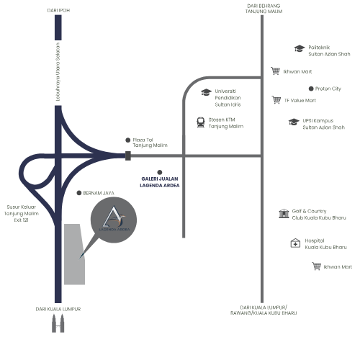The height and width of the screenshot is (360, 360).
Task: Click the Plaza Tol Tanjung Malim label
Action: [x=150, y=143]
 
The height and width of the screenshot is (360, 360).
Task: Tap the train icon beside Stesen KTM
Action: [x=201, y=122]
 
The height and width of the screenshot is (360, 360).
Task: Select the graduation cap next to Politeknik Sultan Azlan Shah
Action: [x=300, y=48]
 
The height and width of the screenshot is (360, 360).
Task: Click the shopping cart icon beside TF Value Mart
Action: [x=276, y=99]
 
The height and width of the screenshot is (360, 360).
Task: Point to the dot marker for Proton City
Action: [x=311, y=89]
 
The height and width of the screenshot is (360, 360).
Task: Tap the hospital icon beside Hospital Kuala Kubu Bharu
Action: [x=295, y=243]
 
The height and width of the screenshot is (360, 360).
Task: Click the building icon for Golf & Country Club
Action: [x=284, y=213]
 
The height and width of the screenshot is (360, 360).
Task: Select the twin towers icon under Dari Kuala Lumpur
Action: [x=58, y=323]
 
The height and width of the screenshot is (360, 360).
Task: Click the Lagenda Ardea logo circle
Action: [x=114, y=220]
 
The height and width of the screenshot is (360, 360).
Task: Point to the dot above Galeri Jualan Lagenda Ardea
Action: [x=160, y=172]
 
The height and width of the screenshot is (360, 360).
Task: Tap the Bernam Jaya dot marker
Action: [x=79, y=193]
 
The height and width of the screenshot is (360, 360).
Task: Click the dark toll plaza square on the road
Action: [x=128, y=156]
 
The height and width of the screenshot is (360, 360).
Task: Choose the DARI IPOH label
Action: [x=58, y=10]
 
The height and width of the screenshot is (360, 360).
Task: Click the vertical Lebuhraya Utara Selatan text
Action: [x=58, y=72]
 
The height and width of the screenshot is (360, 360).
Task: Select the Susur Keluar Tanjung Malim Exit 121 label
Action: [x=22, y=213]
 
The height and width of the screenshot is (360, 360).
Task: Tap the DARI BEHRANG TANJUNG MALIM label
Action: [x=264, y=9]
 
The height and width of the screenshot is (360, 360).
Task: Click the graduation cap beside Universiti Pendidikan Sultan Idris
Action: [x=206, y=92]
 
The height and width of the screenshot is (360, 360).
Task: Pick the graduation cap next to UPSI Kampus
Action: [x=294, y=122]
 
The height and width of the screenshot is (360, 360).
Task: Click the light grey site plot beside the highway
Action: [x=74, y=254]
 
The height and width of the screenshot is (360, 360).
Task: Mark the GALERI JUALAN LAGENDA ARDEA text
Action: [x=160, y=182]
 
